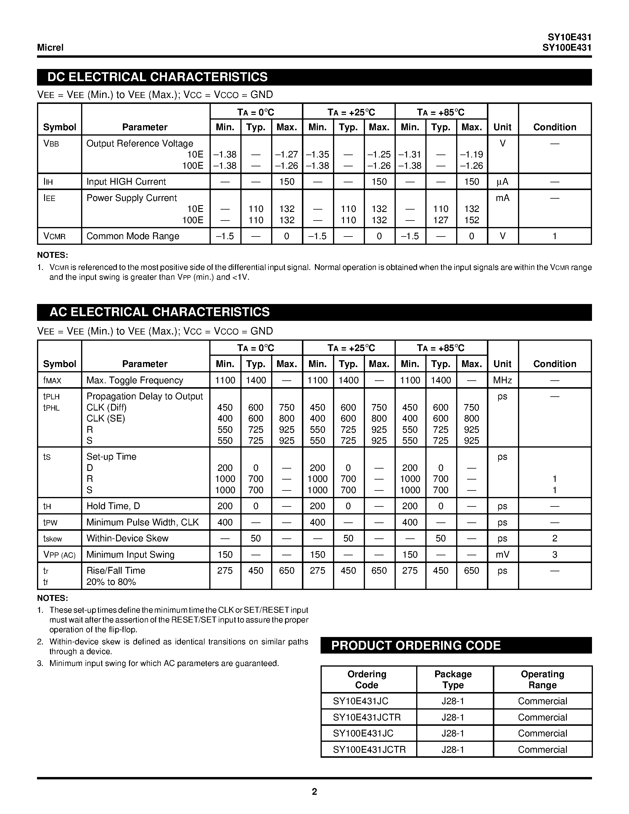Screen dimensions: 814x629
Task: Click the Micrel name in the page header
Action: pyautogui.click(x=50, y=48)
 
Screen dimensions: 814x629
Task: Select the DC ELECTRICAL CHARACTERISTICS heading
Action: pyautogui.click(x=157, y=77)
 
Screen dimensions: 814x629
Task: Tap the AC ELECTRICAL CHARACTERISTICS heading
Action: pyautogui.click(x=160, y=312)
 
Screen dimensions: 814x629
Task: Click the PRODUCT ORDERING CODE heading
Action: pyautogui.click(x=416, y=646)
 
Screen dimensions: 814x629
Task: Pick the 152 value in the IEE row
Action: pyautogui.click(x=471, y=220)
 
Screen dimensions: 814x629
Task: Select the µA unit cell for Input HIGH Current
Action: pyautogui.click(x=502, y=182)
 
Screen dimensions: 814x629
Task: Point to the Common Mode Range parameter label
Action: pyautogui.click(x=133, y=236)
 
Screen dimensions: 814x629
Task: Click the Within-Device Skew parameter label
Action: pyautogui.click(x=128, y=538)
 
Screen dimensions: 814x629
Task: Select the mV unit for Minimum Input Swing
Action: pyautogui.click(x=502, y=555)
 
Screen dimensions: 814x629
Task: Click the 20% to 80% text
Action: pyautogui.click(x=111, y=582)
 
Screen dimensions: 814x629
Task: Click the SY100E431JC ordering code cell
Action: pyautogui.click(x=363, y=733)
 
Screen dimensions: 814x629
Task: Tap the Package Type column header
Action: pyautogui.click(x=453, y=679)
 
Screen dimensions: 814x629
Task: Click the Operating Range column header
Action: pyautogui.click(x=542, y=679)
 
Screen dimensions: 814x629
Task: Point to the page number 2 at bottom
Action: pyautogui.click(x=314, y=792)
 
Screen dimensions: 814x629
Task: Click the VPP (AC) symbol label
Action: pyautogui.click(x=59, y=555)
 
